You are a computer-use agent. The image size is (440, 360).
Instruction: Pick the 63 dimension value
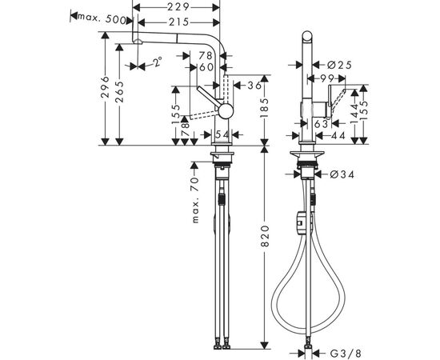pos(319,124)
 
